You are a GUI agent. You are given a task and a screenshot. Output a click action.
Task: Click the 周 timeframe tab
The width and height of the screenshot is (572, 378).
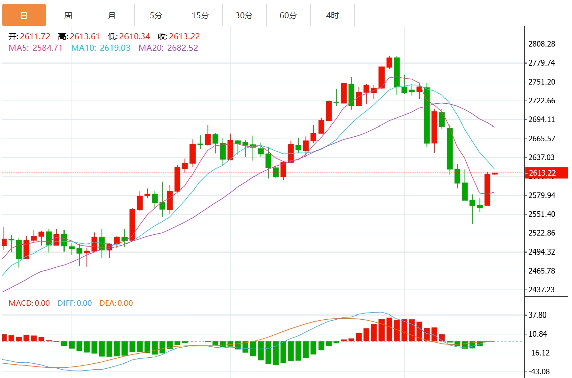[68, 16]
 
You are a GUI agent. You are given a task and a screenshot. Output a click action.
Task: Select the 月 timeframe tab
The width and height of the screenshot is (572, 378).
[112, 16]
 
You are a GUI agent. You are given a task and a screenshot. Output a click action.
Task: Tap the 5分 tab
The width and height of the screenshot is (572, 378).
[156, 16]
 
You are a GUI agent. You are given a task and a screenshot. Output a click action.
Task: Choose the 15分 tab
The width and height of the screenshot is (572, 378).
[200, 16]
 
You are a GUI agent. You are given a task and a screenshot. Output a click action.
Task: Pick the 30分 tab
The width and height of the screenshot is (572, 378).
[244, 16]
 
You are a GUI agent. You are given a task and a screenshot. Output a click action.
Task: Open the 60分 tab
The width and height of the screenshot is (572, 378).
[288, 16]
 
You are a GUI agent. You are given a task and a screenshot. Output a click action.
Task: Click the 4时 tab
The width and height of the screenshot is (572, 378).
[333, 16]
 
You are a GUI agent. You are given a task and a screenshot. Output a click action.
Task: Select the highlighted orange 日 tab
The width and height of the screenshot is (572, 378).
[24, 16]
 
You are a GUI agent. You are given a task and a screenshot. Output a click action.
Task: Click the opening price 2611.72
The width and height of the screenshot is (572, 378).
[35, 37]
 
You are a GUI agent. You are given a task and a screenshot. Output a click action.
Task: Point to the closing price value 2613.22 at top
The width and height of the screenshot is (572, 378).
[184, 37]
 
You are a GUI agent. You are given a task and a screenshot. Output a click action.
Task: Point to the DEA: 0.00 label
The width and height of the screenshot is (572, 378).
[115, 303]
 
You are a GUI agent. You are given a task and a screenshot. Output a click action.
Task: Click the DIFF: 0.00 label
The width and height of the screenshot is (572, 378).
[75, 303]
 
